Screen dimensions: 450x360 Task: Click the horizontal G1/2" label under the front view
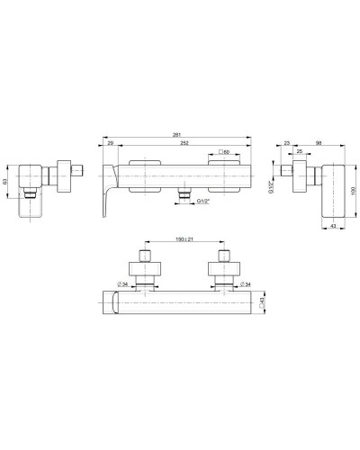point(204,204)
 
